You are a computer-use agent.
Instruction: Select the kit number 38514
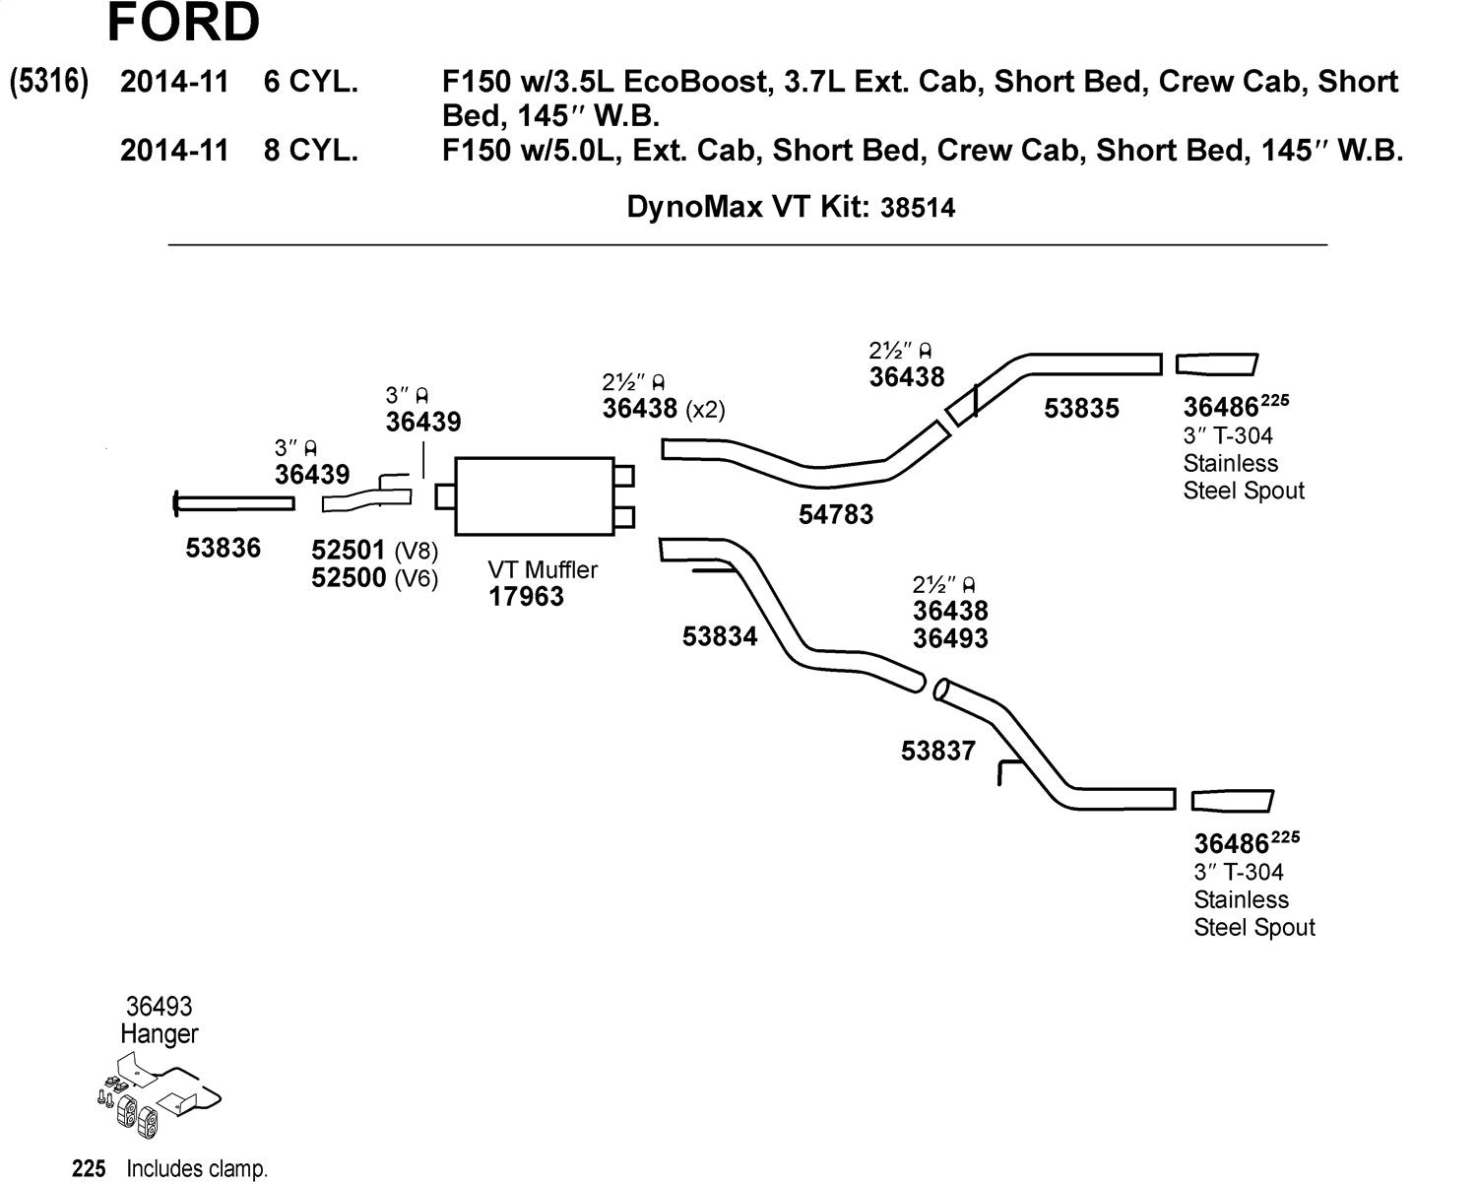918,208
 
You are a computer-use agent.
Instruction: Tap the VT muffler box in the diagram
535,495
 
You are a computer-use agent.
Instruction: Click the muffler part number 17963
526,596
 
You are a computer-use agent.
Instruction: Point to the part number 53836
224,548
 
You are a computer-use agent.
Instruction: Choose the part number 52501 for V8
349,550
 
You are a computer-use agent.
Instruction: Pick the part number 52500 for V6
349,577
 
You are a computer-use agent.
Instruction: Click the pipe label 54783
836,514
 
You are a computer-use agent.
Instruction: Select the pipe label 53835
1082,409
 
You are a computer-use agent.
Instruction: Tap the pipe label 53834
720,636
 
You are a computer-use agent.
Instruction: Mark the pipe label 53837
938,751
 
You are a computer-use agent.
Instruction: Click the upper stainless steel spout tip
1217,364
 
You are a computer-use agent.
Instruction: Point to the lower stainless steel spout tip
1233,801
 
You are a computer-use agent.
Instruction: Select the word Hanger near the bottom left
160,1033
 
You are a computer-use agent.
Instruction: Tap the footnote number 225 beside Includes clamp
89,1168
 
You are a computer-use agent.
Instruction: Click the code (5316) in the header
48,82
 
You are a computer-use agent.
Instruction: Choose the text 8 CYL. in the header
311,150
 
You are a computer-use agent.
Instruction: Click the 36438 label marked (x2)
640,409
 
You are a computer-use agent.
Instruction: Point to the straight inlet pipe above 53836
234,503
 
